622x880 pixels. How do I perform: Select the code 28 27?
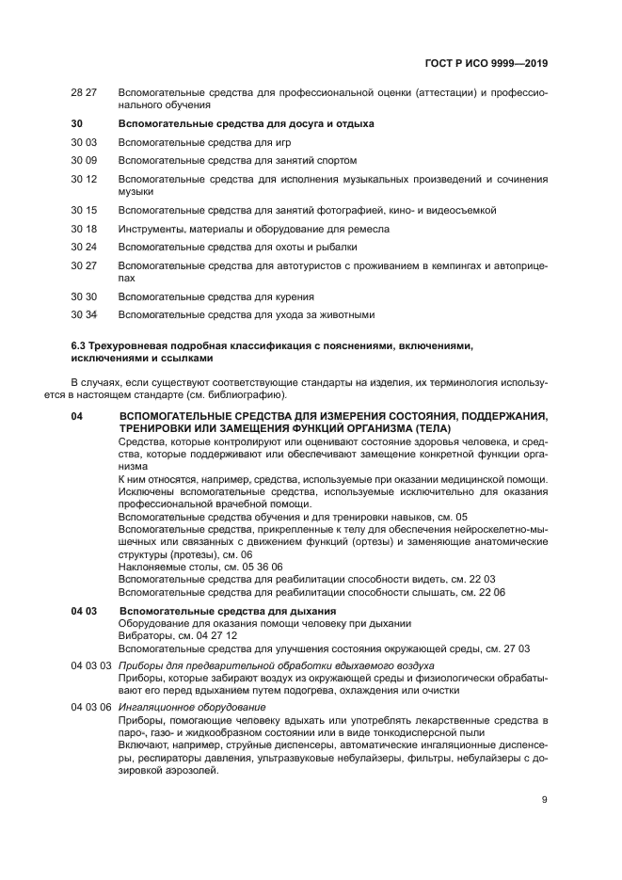coord(84,93)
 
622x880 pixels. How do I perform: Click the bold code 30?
coord(77,123)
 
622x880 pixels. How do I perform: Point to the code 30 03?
coord(84,142)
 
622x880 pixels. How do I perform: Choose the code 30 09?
coord(84,160)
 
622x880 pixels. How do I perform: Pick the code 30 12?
coord(84,179)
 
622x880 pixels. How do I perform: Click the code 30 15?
coord(84,210)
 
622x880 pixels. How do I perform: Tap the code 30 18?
coord(84,229)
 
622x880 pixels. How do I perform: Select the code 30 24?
coord(84,247)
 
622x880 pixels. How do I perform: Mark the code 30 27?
coord(84,265)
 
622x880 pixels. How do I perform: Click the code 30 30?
coord(84,296)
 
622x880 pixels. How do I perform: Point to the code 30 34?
coord(84,314)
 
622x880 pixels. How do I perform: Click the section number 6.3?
coord(79,346)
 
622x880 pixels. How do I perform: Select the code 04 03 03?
coord(91,665)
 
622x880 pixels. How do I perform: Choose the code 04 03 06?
coord(91,707)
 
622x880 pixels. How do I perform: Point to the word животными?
coord(347,314)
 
